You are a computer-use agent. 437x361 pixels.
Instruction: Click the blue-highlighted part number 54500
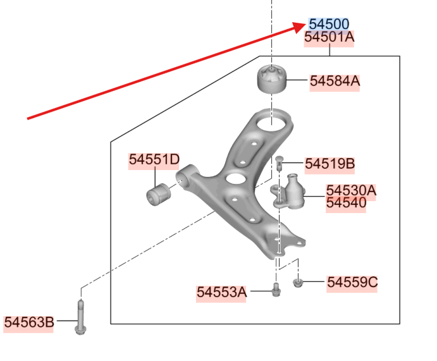pyautogui.click(x=329, y=24)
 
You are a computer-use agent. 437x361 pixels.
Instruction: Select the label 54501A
pyautogui.click(x=329, y=37)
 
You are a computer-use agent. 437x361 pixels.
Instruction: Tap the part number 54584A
pyautogui.click(x=335, y=81)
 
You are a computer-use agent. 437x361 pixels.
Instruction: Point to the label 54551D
pyautogui.click(x=154, y=159)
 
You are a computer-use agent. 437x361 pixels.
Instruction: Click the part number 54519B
pyautogui.click(x=329, y=164)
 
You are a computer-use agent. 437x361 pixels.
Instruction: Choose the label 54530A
pyautogui.click(x=351, y=190)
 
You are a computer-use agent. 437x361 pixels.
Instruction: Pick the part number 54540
pyautogui.click(x=346, y=203)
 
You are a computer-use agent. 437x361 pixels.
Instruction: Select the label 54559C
pyautogui.click(x=352, y=282)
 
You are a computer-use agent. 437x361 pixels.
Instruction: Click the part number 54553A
pyautogui.click(x=221, y=292)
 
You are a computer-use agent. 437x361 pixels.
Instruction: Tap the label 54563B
pyautogui.click(x=28, y=322)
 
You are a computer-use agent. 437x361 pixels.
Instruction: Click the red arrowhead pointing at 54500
pyautogui.click(x=300, y=27)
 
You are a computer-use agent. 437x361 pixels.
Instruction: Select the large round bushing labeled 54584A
pyautogui.click(x=271, y=79)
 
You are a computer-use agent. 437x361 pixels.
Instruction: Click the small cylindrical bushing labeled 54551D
pyautogui.click(x=158, y=195)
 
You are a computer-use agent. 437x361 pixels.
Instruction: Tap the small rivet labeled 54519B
pyautogui.click(x=279, y=164)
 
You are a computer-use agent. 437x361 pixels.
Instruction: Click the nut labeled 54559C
pyautogui.click(x=298, y=283)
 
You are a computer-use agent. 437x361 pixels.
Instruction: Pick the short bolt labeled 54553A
pyautogui.click(x=276, y=290)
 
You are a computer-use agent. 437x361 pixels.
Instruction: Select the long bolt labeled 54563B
pyautogui.click(x=80, y=317)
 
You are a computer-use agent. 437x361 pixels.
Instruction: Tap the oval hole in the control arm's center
pyautogui.click(x=237, y=178)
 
